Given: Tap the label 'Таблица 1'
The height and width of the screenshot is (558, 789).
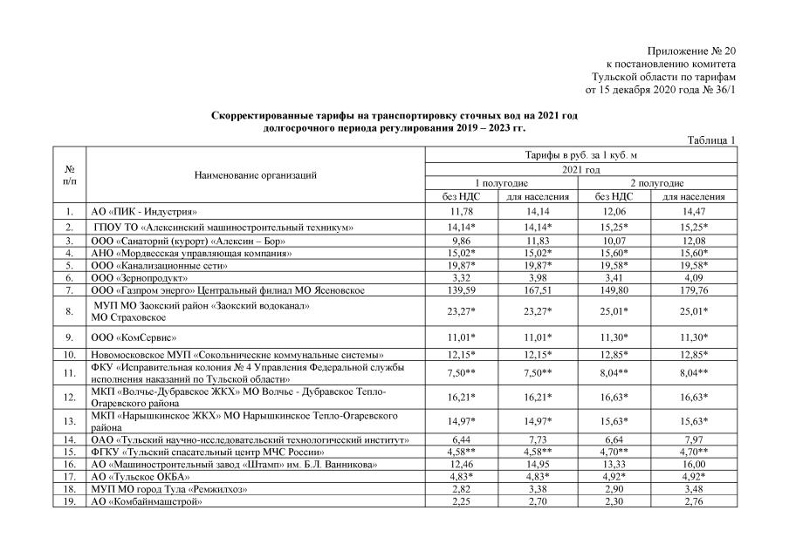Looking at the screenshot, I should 712,139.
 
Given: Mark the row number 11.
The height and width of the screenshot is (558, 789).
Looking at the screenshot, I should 68,374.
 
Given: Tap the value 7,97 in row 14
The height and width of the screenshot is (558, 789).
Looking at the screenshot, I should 695,439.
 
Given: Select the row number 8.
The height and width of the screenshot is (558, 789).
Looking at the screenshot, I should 68,310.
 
